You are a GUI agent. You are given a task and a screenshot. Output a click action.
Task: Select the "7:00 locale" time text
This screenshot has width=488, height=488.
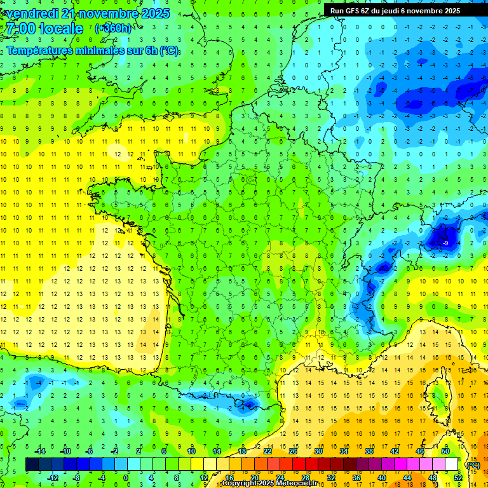[43, 29]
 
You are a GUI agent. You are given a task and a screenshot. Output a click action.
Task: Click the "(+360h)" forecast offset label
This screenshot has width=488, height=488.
[113, 29]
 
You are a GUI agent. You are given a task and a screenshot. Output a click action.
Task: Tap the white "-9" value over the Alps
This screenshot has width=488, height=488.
[445, 243]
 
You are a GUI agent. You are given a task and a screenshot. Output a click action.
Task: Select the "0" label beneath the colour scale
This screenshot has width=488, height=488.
[126, 477]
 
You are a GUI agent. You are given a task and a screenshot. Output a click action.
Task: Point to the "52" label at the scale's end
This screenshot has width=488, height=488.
[458, 477]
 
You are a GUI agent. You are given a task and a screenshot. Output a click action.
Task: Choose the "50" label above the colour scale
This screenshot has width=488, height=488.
[445, 451]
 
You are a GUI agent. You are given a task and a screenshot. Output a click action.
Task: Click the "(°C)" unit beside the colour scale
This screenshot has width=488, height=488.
[473, 464]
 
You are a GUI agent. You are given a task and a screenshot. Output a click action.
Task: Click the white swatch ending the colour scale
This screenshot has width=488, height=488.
[451, 464]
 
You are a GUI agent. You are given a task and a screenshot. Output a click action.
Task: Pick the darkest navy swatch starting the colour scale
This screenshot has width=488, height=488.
[32, 464]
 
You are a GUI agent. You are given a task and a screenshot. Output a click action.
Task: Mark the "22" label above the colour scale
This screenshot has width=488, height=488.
[268, 451]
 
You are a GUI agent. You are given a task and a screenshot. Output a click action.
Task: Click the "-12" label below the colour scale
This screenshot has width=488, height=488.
[53, 477]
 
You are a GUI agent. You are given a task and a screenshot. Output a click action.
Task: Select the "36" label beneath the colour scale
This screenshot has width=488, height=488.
[356, 477]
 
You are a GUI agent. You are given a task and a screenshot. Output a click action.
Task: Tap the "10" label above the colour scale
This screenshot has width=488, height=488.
[191, 451]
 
